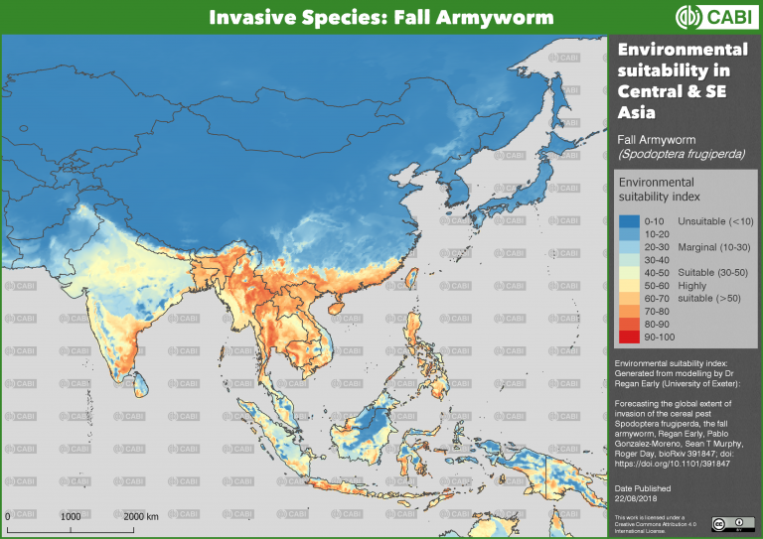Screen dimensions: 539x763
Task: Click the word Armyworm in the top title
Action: click(x=476, y=17)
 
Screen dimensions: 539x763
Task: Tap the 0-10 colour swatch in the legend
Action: click(x=628, y=219)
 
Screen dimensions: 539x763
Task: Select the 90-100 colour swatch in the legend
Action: click(x=628, y=338)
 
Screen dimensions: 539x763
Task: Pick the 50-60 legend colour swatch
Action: click(x=628, y=286)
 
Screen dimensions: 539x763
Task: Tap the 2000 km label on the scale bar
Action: click(x=141, y=517)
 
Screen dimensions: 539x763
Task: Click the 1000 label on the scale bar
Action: click(x=71, y=517)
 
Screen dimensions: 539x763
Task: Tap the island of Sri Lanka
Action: click(x=143, y=375)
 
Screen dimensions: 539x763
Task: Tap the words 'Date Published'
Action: click(x=643, y=488)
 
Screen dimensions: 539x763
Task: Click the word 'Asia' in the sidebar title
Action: click(x=638, y=112)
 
